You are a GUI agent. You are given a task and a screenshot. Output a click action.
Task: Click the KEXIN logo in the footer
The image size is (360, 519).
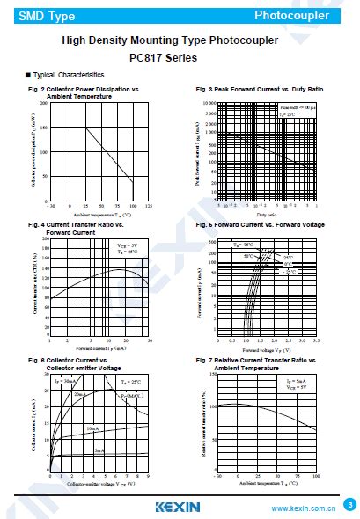[178, 506]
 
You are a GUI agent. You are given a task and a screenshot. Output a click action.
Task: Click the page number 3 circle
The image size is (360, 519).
[349, 505]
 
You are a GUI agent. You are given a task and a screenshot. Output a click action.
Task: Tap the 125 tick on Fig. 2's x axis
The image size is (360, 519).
[148, 205]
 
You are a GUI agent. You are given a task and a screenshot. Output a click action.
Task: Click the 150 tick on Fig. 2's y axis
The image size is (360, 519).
[44, 128]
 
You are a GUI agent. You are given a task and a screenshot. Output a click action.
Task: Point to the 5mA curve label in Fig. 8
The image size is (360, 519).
[99, 450]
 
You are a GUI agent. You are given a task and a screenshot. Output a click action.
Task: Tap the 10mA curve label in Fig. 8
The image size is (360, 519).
[92, 428]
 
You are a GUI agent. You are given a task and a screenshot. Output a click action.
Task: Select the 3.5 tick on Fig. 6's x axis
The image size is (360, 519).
[315, 340]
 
